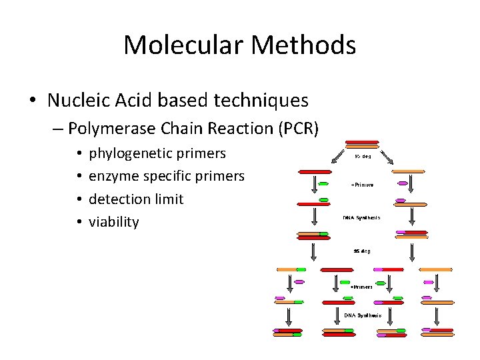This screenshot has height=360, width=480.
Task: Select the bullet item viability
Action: pos(114,222)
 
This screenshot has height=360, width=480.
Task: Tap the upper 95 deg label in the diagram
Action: pos(363,156)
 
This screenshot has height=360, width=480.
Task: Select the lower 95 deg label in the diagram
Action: pos(362,251)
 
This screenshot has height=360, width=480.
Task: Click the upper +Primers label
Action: pos(362,185)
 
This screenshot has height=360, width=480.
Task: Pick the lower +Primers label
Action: pos(361,287)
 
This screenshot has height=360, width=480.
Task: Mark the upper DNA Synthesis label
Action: pos(362,217)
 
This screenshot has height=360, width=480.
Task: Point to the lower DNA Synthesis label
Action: pos(363,315)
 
